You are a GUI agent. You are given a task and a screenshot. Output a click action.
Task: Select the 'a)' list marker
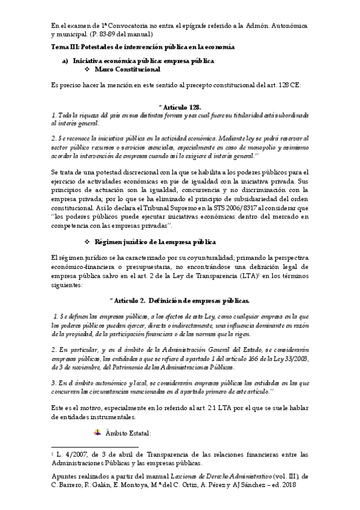point(66,61)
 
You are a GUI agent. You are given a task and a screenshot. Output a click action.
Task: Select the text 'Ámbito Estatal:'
point(128,432)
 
